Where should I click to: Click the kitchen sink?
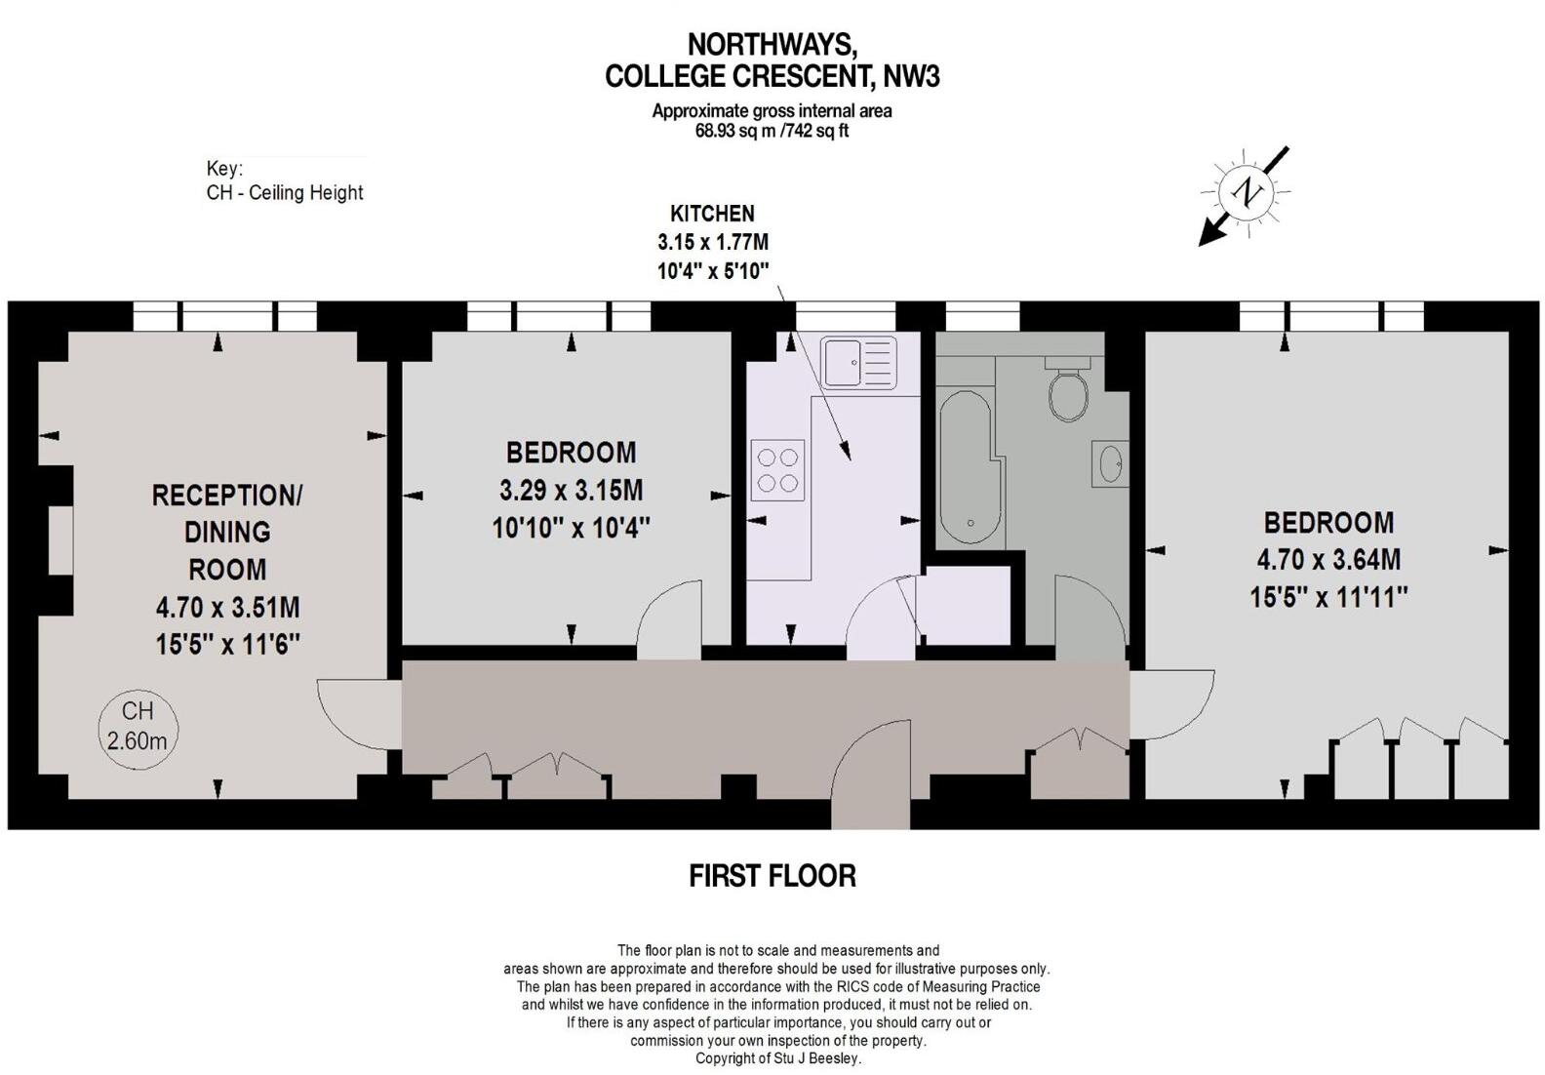[858, 362]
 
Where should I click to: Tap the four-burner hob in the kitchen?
[777, 470]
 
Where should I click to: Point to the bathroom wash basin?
[1110, 464]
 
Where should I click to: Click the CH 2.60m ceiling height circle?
[137, 727]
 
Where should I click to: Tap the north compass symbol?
[1247, 192]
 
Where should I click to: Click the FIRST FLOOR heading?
[772, 876]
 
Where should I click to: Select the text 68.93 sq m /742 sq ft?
[772, 131]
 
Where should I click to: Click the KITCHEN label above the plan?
[712, 214]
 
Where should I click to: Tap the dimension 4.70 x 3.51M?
[227, 608]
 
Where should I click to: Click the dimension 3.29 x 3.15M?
[571, 490]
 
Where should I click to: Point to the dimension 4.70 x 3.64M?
[1328, 560]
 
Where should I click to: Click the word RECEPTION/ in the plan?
[227, 496]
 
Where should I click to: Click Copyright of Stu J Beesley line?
[777, 1058]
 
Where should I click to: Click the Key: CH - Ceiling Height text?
[284, 181]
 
